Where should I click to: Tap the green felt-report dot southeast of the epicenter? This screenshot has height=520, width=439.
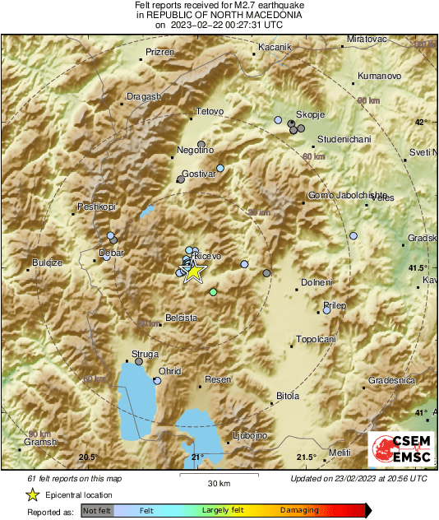point(214,292)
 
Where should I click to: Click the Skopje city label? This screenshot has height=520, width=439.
point(311,113)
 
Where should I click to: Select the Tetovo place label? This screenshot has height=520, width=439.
point(210,112)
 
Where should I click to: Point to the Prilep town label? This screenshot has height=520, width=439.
point(335,305)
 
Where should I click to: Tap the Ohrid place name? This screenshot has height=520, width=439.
point(169,371)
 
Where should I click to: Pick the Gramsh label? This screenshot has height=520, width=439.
point(39,442)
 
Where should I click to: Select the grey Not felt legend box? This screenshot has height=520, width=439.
point(98,510)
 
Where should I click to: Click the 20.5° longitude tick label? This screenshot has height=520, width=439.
point(88,457)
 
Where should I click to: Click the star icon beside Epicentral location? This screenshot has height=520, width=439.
point(32,494)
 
